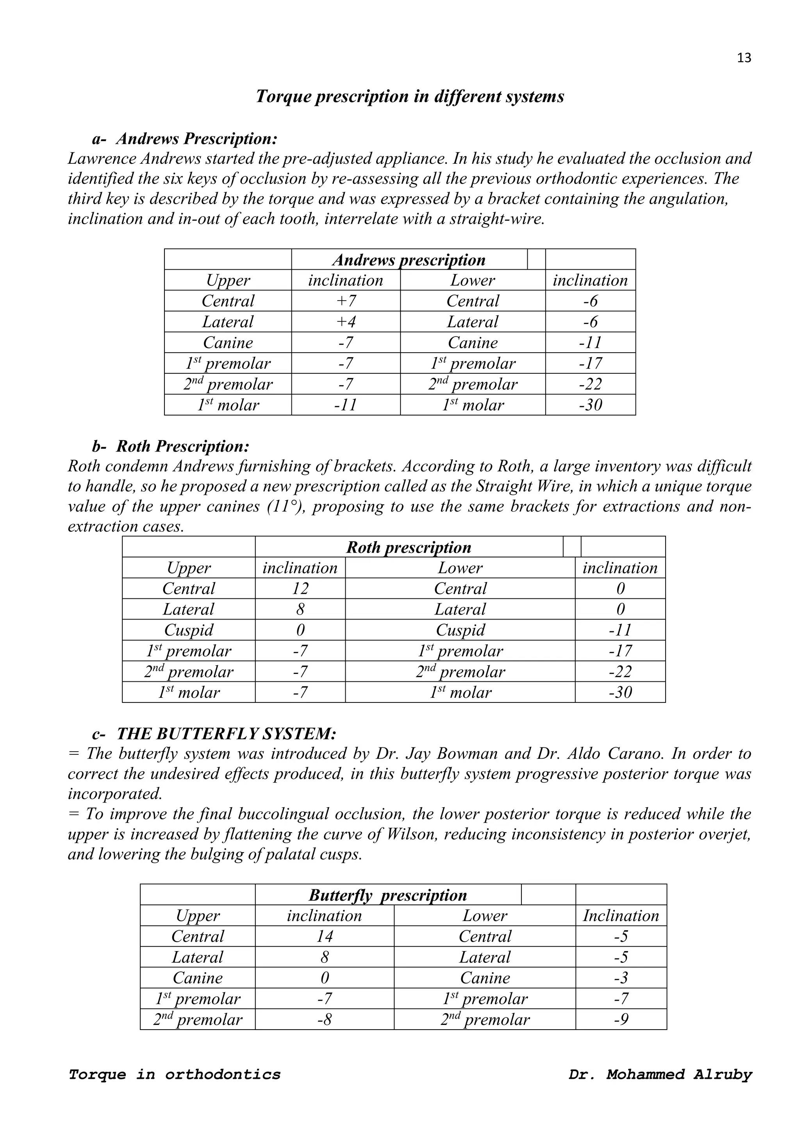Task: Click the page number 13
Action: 744,58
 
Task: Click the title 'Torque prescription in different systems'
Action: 410,96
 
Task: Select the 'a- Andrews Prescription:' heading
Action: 185,139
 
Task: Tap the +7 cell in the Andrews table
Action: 346,301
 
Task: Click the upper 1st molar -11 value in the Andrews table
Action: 346,405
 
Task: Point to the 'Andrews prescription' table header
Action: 409,260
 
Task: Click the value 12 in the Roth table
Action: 300,588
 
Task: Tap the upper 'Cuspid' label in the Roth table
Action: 189,630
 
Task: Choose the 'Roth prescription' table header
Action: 409,547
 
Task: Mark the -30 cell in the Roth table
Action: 620,692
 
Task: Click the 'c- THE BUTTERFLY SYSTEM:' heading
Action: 214,734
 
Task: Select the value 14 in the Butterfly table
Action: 325,936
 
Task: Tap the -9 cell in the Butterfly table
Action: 621,1019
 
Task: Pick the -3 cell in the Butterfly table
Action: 621,978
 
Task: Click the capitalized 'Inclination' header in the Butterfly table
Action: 621,915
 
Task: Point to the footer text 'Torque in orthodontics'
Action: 174,1074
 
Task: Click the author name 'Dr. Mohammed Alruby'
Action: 660,1074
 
